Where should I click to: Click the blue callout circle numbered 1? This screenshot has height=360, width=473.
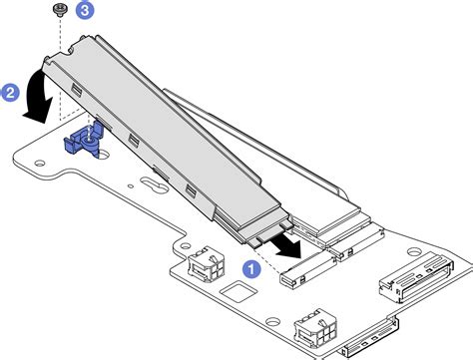pyautogui.click(x=252, y=268)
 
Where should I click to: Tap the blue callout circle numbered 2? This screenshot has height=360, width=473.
pyautogui.click(x=12, y=94)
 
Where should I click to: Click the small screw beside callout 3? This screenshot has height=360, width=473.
pyautogui.click(x=62, y=11)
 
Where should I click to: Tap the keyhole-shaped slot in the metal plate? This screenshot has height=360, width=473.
pyautogui.click(x=151, y=185)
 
